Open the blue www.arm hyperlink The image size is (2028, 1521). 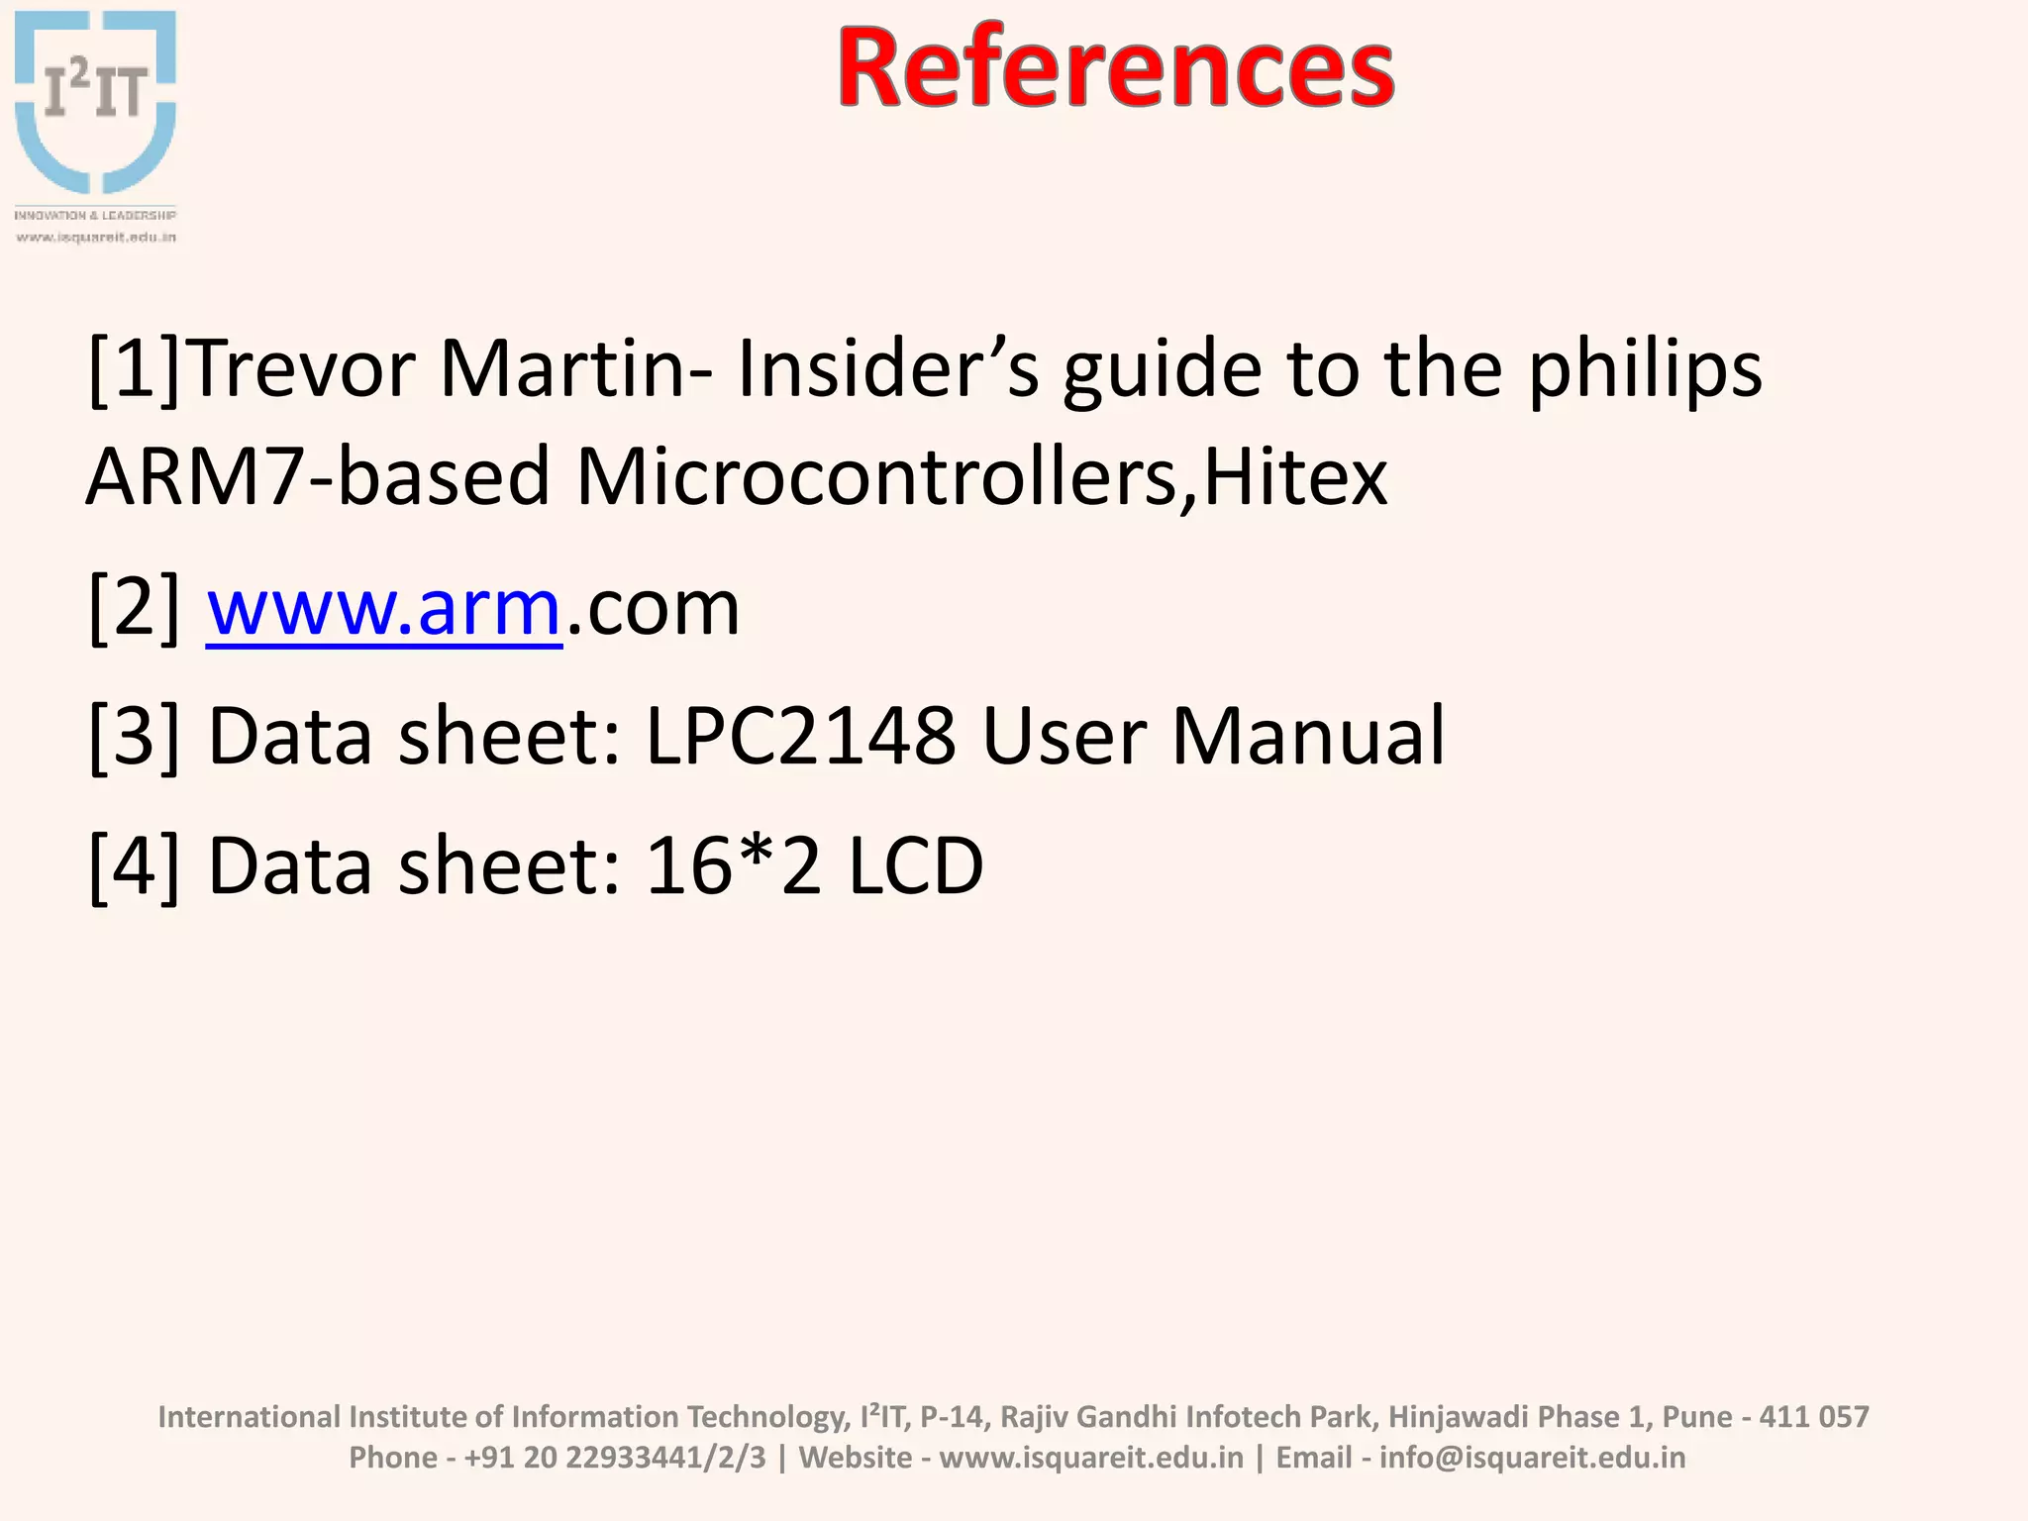[x=384, y=608]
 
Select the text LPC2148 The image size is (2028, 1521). [x=801, y=736]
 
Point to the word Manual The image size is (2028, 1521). [x=1308, y=736]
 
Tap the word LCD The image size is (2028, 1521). [x=916, y=865]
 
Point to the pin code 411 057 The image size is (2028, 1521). [x=1813, y=1417]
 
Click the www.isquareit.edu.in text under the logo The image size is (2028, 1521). [x=96, y=238]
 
